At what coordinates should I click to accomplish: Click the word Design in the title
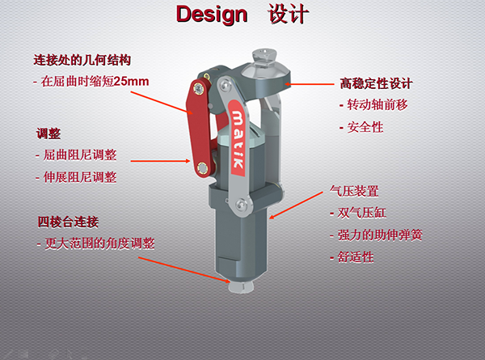tap(212, 15)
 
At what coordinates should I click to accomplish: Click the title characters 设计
tap(289, 14)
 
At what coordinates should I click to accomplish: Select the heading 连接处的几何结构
tap(82, 60)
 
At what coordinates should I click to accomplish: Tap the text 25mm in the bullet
tap(131, 82)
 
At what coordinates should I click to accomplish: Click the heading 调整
tap(48, 133)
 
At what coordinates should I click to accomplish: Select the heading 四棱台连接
tap(68, 222)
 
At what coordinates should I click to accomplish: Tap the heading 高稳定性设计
tap(376, 83)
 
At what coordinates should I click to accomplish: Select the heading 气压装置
tap(354, 191)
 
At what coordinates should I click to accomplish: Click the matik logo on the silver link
tap(238, 138)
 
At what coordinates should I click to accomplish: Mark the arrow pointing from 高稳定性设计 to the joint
tap(310, 84)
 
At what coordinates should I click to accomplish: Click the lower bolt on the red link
tap(202, 168)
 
